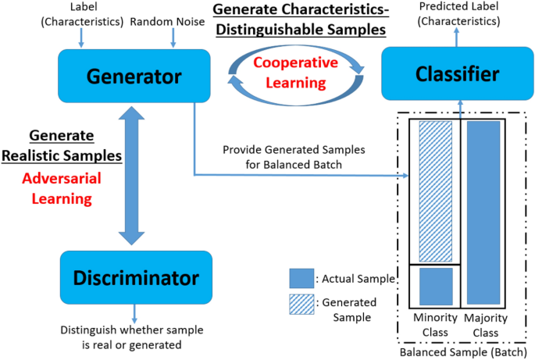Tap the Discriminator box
(x=136, y=277)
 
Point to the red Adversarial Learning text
(x=61, y=190)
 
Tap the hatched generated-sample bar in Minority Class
(x=436, y=191)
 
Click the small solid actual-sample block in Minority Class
(x=436, y=287)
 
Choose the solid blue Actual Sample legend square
(x=301, y=278)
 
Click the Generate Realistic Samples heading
(x=76, y=145)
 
